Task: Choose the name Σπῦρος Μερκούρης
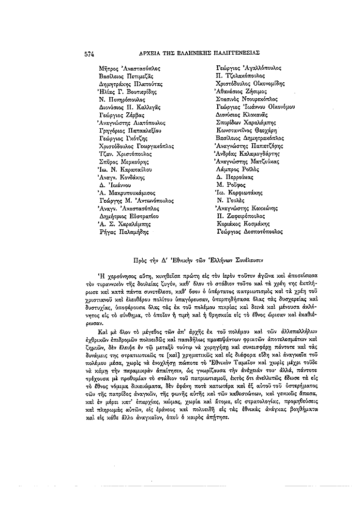123,162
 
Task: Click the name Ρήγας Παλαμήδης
122,232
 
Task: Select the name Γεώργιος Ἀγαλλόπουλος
248,68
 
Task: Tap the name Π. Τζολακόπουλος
240,76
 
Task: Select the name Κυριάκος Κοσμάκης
243,224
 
